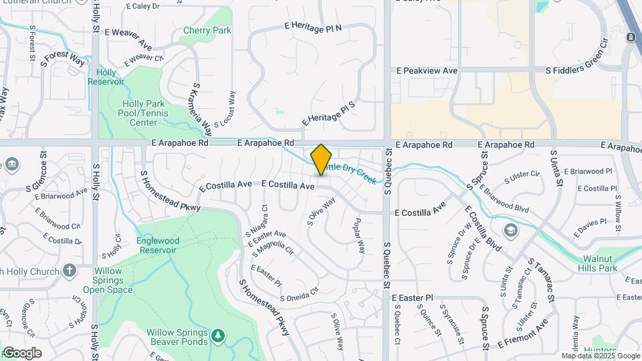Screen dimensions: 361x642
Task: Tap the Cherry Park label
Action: [207, 31]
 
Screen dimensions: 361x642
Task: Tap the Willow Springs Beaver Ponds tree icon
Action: [217, 334]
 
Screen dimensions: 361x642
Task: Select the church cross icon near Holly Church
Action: [70, 270]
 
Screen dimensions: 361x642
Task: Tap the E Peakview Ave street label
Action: [427, 70]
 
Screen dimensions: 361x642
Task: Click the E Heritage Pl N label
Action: [312, 27]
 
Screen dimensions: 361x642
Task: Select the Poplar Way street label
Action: [360, 235]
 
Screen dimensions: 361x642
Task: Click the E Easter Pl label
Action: [413, 297]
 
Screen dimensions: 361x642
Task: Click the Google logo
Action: [21, 352]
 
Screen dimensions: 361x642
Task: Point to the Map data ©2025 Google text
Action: [601, 356]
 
